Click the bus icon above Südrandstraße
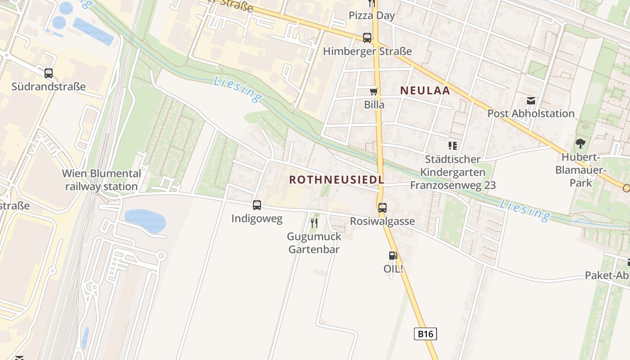(x=48, y=73)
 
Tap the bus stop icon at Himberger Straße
(x=367, y=38)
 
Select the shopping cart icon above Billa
(x=373, y=92)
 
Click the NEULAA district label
(x=425, y=90)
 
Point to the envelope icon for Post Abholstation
(x=531, y=101)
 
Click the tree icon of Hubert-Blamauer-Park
(x=580, y=144)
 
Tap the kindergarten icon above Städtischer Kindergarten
(x=453, y=146)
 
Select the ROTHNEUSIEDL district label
(x=336, y=180)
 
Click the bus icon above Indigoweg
(x=256, y=205)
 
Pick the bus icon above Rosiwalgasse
(x=382, y=208)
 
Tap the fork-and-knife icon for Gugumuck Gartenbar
(x=314, y=223)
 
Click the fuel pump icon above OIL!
(x=393, y=256)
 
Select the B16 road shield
(x=425, y=334)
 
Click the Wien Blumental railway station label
(x=101, y=180)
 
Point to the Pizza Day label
(x=372, y=16)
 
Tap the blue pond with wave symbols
(x=145, y=220)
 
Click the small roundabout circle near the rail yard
(x=161, y=256)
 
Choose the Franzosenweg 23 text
(x=453, y=185)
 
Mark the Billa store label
(x=374, y=105)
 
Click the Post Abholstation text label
(x=531, y=113)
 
